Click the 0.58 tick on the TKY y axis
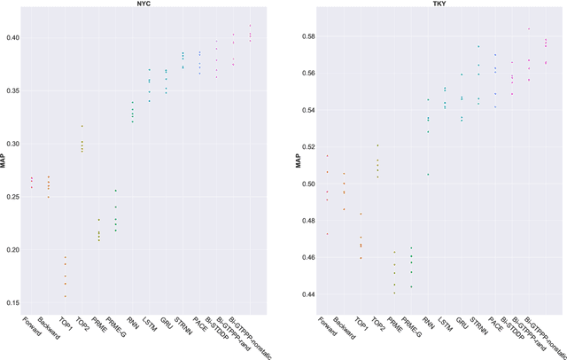click(x=308, y=36)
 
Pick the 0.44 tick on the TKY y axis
click(x=308, y=294)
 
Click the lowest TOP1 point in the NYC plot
click(x=89, y=296)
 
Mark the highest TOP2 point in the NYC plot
click(x=107, y=126)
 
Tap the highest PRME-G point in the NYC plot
click(x=140, y=191)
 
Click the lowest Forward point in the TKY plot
click(x=327, y=234)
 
